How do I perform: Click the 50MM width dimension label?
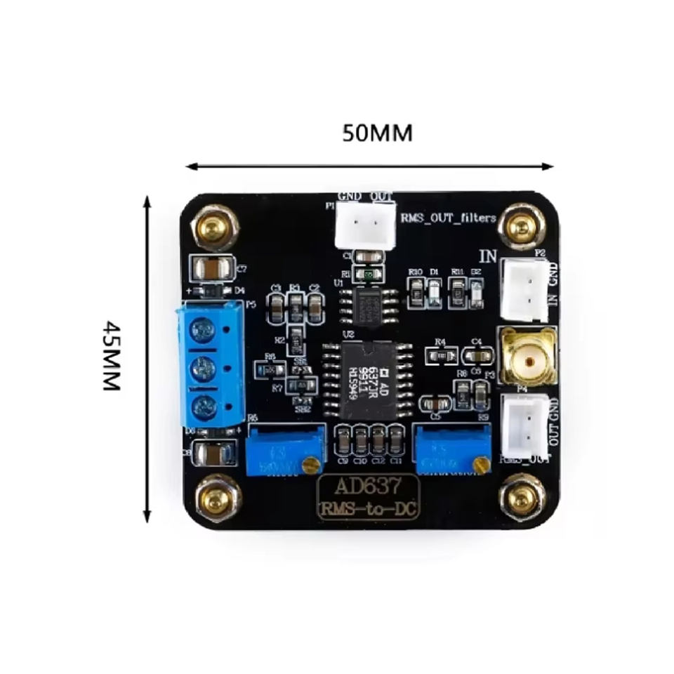pyautogui.click(x=377, y=133)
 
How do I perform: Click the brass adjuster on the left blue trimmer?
pyautogui.click(x=309, y=463)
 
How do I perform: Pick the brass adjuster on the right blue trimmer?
pyautogui.click(x=480, y=463)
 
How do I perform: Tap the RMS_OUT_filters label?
pyautogui.click(x=448, y=218)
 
